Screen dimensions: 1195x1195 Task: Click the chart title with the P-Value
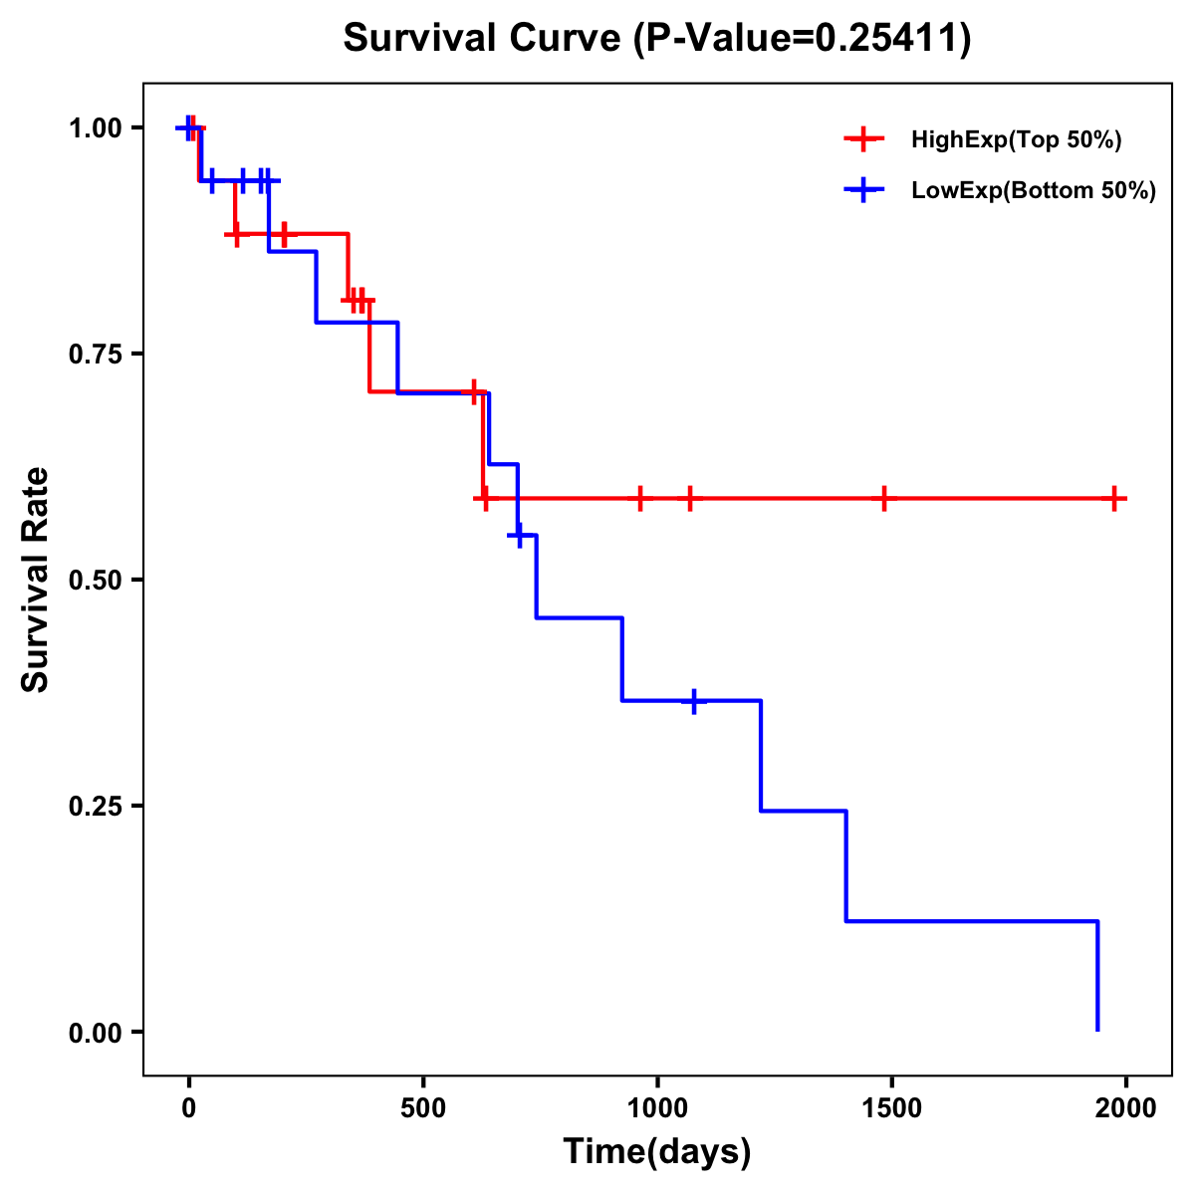tap(657, 39)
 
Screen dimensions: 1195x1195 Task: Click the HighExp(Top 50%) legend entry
tap(1016, 140)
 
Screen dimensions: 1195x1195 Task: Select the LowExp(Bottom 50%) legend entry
tap(1033, 191)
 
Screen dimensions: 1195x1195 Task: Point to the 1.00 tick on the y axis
tap(96, 128)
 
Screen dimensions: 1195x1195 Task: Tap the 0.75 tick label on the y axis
tap(96, 355)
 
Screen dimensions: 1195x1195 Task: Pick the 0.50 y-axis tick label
tap(96, 581)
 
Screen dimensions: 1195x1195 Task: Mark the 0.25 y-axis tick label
tap(96, 807)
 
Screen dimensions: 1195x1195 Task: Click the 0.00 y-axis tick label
tap(96, 1033)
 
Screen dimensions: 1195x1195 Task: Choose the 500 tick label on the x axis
tap(423, 1108)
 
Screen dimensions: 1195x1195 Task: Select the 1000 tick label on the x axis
tap(657, 1108)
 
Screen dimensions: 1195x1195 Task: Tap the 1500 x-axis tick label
tap(891, 1108)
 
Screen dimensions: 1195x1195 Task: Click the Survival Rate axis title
tap(36, 580)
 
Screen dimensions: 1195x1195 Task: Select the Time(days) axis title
tap(657, 1152)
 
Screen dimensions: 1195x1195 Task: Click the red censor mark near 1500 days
tap(883, 498)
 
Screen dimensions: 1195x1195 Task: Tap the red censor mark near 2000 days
tap(1114, 498)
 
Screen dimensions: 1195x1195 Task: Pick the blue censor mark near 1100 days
tap(693, 701)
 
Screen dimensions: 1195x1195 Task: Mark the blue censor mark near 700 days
tap(518, 536)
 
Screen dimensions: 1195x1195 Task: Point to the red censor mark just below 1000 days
tap(639, 498)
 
